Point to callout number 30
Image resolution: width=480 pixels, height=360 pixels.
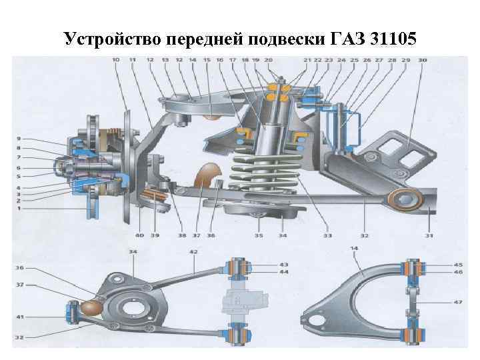pyautogui.click(x=423, y=61)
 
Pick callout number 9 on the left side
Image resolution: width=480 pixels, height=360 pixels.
pyautogui.click(x=19, y=139)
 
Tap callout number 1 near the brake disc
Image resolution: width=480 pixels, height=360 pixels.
pyautogui.click(x=19, y=208)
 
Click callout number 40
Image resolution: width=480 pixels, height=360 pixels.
pyautogui.click(x=139, y=235)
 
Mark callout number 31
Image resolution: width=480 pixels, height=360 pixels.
pyautogui.click(x=430, y=235)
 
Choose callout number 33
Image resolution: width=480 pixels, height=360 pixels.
pyautogui.click(x=327, y=235)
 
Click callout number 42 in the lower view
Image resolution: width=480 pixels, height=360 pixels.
pyautogui.click(x=193, y=252)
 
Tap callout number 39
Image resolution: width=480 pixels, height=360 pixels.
pyautogui.click(x=155, y=235)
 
